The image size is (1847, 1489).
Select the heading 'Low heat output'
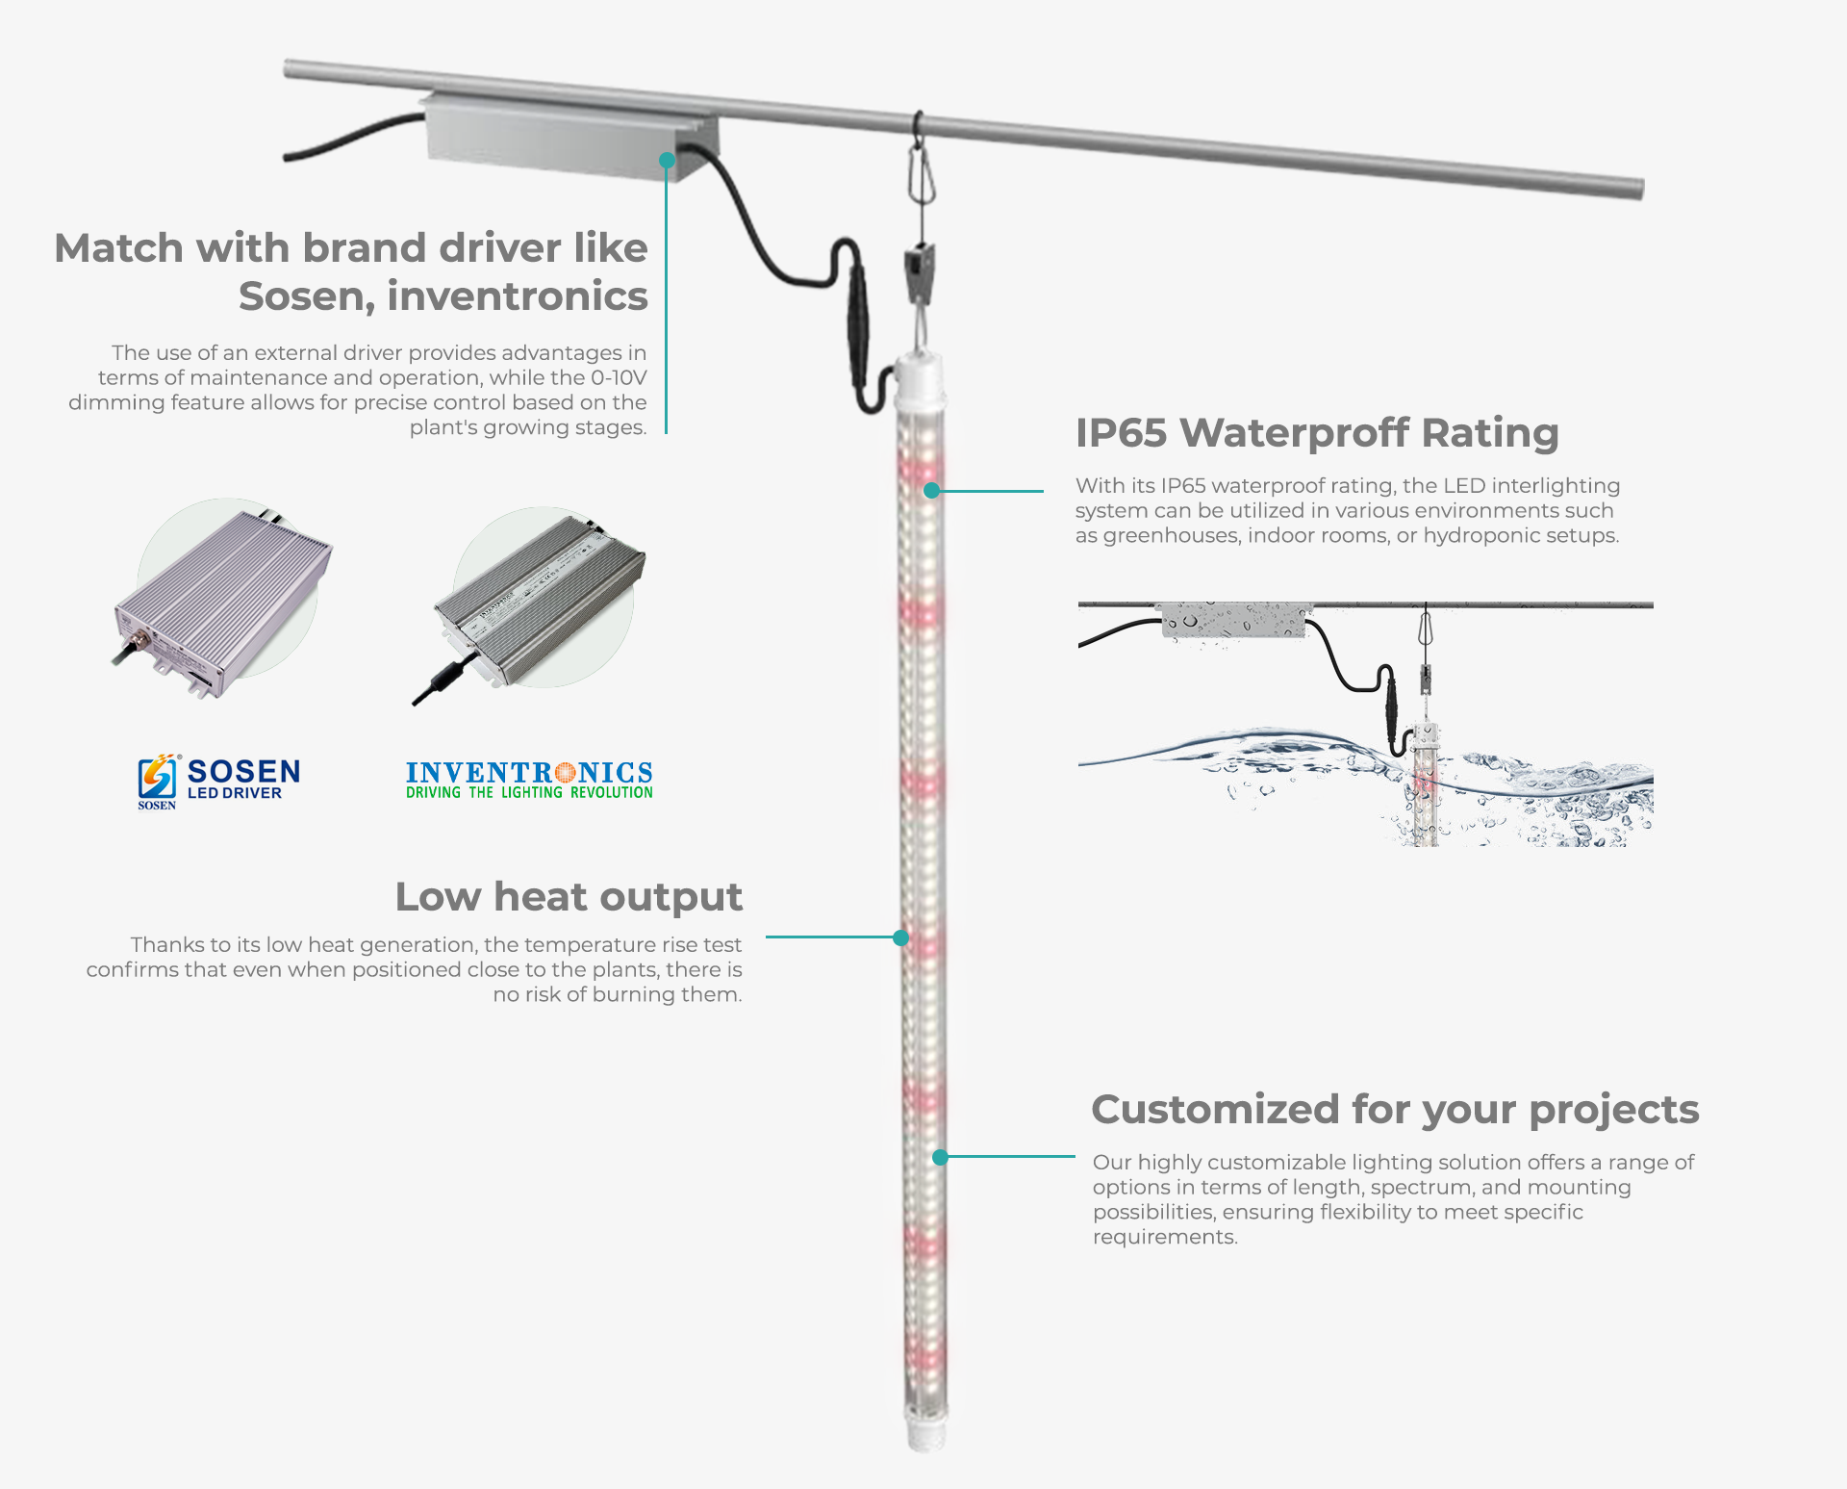[x=569, y=897]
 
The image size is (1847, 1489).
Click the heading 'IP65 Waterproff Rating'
[x=1316, y=433]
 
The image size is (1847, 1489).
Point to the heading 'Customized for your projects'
[x=1395, y=1110]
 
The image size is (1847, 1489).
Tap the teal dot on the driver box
[x=667, y=160]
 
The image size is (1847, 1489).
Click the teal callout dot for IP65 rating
[x=931, y=491]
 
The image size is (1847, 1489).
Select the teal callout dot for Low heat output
[x=901, y=937]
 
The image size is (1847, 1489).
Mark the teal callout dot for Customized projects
[x=941, y=1157]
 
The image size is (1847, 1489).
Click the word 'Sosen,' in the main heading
[x=306, y=296]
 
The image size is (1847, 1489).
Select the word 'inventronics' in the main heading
[x=517, y=296]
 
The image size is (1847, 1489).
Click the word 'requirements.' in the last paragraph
[x=1165, y=1237]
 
